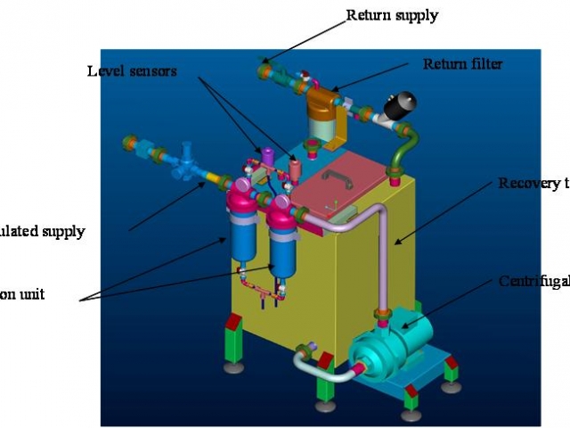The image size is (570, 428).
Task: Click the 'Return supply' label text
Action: [392, 15]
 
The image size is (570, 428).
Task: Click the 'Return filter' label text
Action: [462, 64]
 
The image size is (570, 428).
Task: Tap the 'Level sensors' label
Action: [132, 70]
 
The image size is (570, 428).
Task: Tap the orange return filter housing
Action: [321, 112]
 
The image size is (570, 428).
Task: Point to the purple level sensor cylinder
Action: [265, 157]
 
